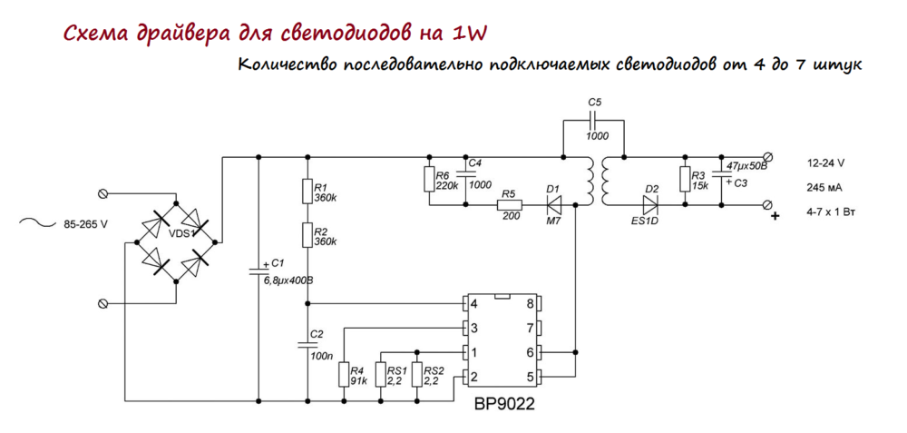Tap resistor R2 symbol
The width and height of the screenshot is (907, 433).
(x=309, y=235)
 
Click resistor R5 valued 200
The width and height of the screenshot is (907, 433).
(x=509, y=206)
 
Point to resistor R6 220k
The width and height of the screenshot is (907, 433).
(x=428, y=179)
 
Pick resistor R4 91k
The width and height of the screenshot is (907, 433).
(x=345, y=374)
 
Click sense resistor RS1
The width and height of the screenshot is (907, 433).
(x=381, y=374)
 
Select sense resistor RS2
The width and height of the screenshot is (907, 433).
(x=417, y=374)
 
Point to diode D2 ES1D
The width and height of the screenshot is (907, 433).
(x=650, y=206)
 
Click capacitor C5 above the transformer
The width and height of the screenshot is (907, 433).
(x=594, y=121)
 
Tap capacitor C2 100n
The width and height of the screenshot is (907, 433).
(x=309, y=345)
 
